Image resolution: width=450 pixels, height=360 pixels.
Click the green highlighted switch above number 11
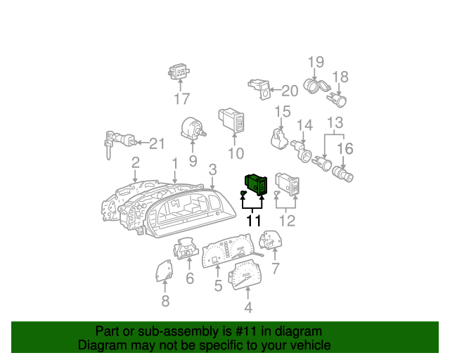pyautogui.click(x=256, y=185)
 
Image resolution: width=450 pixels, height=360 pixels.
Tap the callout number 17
pyautogui.click(x=182, y=98)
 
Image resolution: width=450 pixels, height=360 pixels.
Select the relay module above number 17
pyautogui.click(x=179, y=72)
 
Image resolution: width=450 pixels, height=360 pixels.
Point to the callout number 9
pyautogui.click(x=193, y=161)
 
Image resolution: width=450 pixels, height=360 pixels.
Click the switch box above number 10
pyautogui.click(x=231, y=120)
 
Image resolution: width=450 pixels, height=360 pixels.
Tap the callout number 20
pyautogui.click(x=290, y=91)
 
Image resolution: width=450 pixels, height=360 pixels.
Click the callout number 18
pyautogui.click(x=340, y=77)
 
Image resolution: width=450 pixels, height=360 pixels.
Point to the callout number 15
pyautogui.click(x=283, y=112)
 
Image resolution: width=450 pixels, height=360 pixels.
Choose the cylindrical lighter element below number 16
pyautogui.click(x=342, y=174)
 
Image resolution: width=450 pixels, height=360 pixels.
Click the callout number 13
pyautogui.click(x=335, y=122)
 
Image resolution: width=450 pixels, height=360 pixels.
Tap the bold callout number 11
pyautogui.click(x=254, y=221)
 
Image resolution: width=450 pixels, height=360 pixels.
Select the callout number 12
pyautogui.click(x=287, y=221)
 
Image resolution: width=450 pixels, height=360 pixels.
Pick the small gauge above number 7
pyautogui.click(x=271, y=240)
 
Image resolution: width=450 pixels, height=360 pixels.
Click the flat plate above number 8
pyautogui.click(x=165, y=271)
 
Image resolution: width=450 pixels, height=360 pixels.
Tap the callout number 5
pyautogui.click(x=218, y=285)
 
